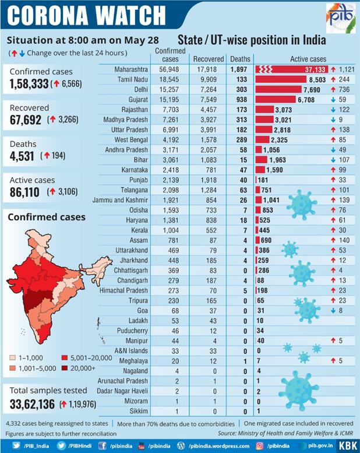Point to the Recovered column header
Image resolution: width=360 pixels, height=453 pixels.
[x=209, y=59]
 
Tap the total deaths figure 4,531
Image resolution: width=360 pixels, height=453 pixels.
[x=23, y=156]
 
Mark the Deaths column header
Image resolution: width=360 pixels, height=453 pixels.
[x=240, y=59]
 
